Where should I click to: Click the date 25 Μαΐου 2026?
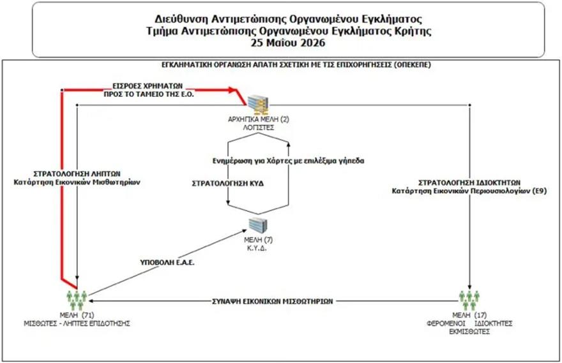[288, 43]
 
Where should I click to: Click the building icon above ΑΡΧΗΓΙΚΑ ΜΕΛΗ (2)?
[258, 105]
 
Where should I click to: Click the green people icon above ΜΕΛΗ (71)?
[77, 300]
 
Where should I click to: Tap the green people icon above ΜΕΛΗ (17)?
[469, 300]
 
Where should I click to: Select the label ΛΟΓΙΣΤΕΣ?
[258, 128]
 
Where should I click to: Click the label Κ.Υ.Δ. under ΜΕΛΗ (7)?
[257, 248]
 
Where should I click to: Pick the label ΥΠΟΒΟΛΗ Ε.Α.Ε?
[167, 262]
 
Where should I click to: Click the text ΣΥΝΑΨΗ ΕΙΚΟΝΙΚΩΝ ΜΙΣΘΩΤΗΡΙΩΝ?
[273, 301]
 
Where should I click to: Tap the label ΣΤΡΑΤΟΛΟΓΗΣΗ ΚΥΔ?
[228, 184]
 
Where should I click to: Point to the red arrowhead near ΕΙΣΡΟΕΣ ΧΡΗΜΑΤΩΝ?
[232, 89]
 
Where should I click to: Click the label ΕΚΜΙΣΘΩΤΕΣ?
[469, 332]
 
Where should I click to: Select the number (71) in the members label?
[87, 315]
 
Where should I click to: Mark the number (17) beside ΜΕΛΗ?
[480, 315]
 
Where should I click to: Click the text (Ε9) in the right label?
[540, 191]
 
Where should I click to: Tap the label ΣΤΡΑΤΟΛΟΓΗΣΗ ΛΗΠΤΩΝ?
[77, 174]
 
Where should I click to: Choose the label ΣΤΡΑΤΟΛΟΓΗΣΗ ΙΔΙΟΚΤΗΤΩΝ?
[469, 182]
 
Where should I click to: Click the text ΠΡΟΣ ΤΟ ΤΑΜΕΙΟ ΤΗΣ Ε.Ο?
[149, 94]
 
